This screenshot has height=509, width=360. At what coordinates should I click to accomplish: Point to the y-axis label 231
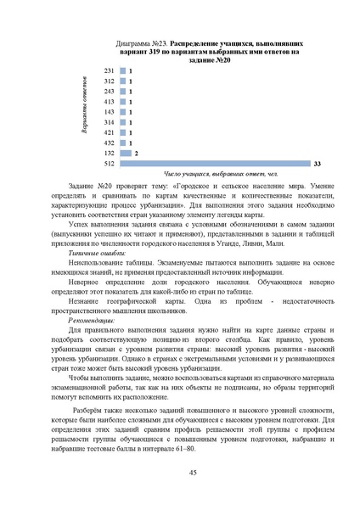109,70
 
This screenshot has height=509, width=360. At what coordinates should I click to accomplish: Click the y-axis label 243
109,91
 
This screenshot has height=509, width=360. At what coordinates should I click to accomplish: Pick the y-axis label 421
109,132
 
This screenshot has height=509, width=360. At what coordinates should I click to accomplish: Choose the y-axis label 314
109,122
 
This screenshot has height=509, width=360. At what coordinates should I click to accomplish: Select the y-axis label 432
109,143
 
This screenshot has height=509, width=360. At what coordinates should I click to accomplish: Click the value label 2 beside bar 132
136,153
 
